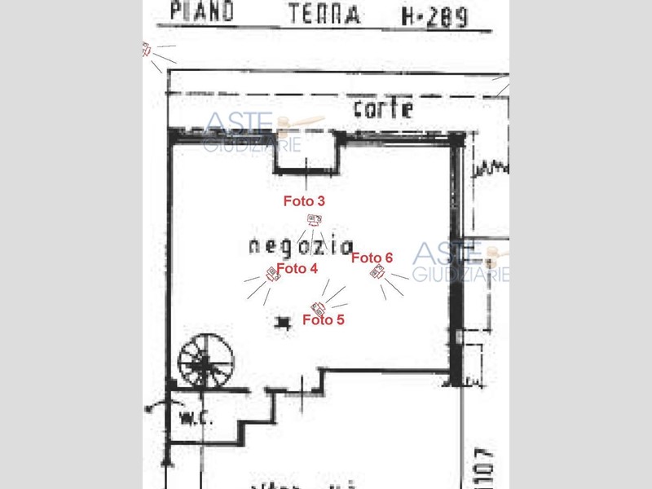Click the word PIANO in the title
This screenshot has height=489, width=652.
tap(201, 11)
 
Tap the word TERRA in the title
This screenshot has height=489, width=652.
tap(324, 14)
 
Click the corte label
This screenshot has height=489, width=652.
tap(383, 108)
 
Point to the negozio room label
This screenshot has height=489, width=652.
tap(301, 245)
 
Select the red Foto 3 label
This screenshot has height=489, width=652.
tap(304, 200)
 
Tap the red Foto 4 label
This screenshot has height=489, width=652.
tap(297, 268)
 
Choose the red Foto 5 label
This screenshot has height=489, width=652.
tap(323, 320)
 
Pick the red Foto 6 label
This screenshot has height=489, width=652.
tap(372, 258)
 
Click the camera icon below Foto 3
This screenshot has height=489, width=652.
tap(314, 218)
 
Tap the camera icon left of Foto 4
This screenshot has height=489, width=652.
tap(273, 275)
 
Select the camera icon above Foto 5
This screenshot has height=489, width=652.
tap(319, 307)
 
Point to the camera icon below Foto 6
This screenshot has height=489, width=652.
tap(377, 272)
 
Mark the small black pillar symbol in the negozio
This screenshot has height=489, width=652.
tap(283, 323)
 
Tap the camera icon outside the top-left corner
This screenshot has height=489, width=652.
tap(147, 50)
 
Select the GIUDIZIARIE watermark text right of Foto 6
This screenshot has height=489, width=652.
tap(461, 275)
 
